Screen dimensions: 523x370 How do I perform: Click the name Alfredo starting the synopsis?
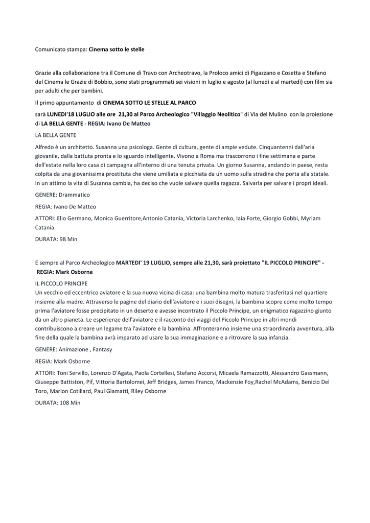[x=45, y=147]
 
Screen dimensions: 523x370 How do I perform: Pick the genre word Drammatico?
[x=74, y=195]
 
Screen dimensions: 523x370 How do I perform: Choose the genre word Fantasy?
[x=101, y=349]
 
